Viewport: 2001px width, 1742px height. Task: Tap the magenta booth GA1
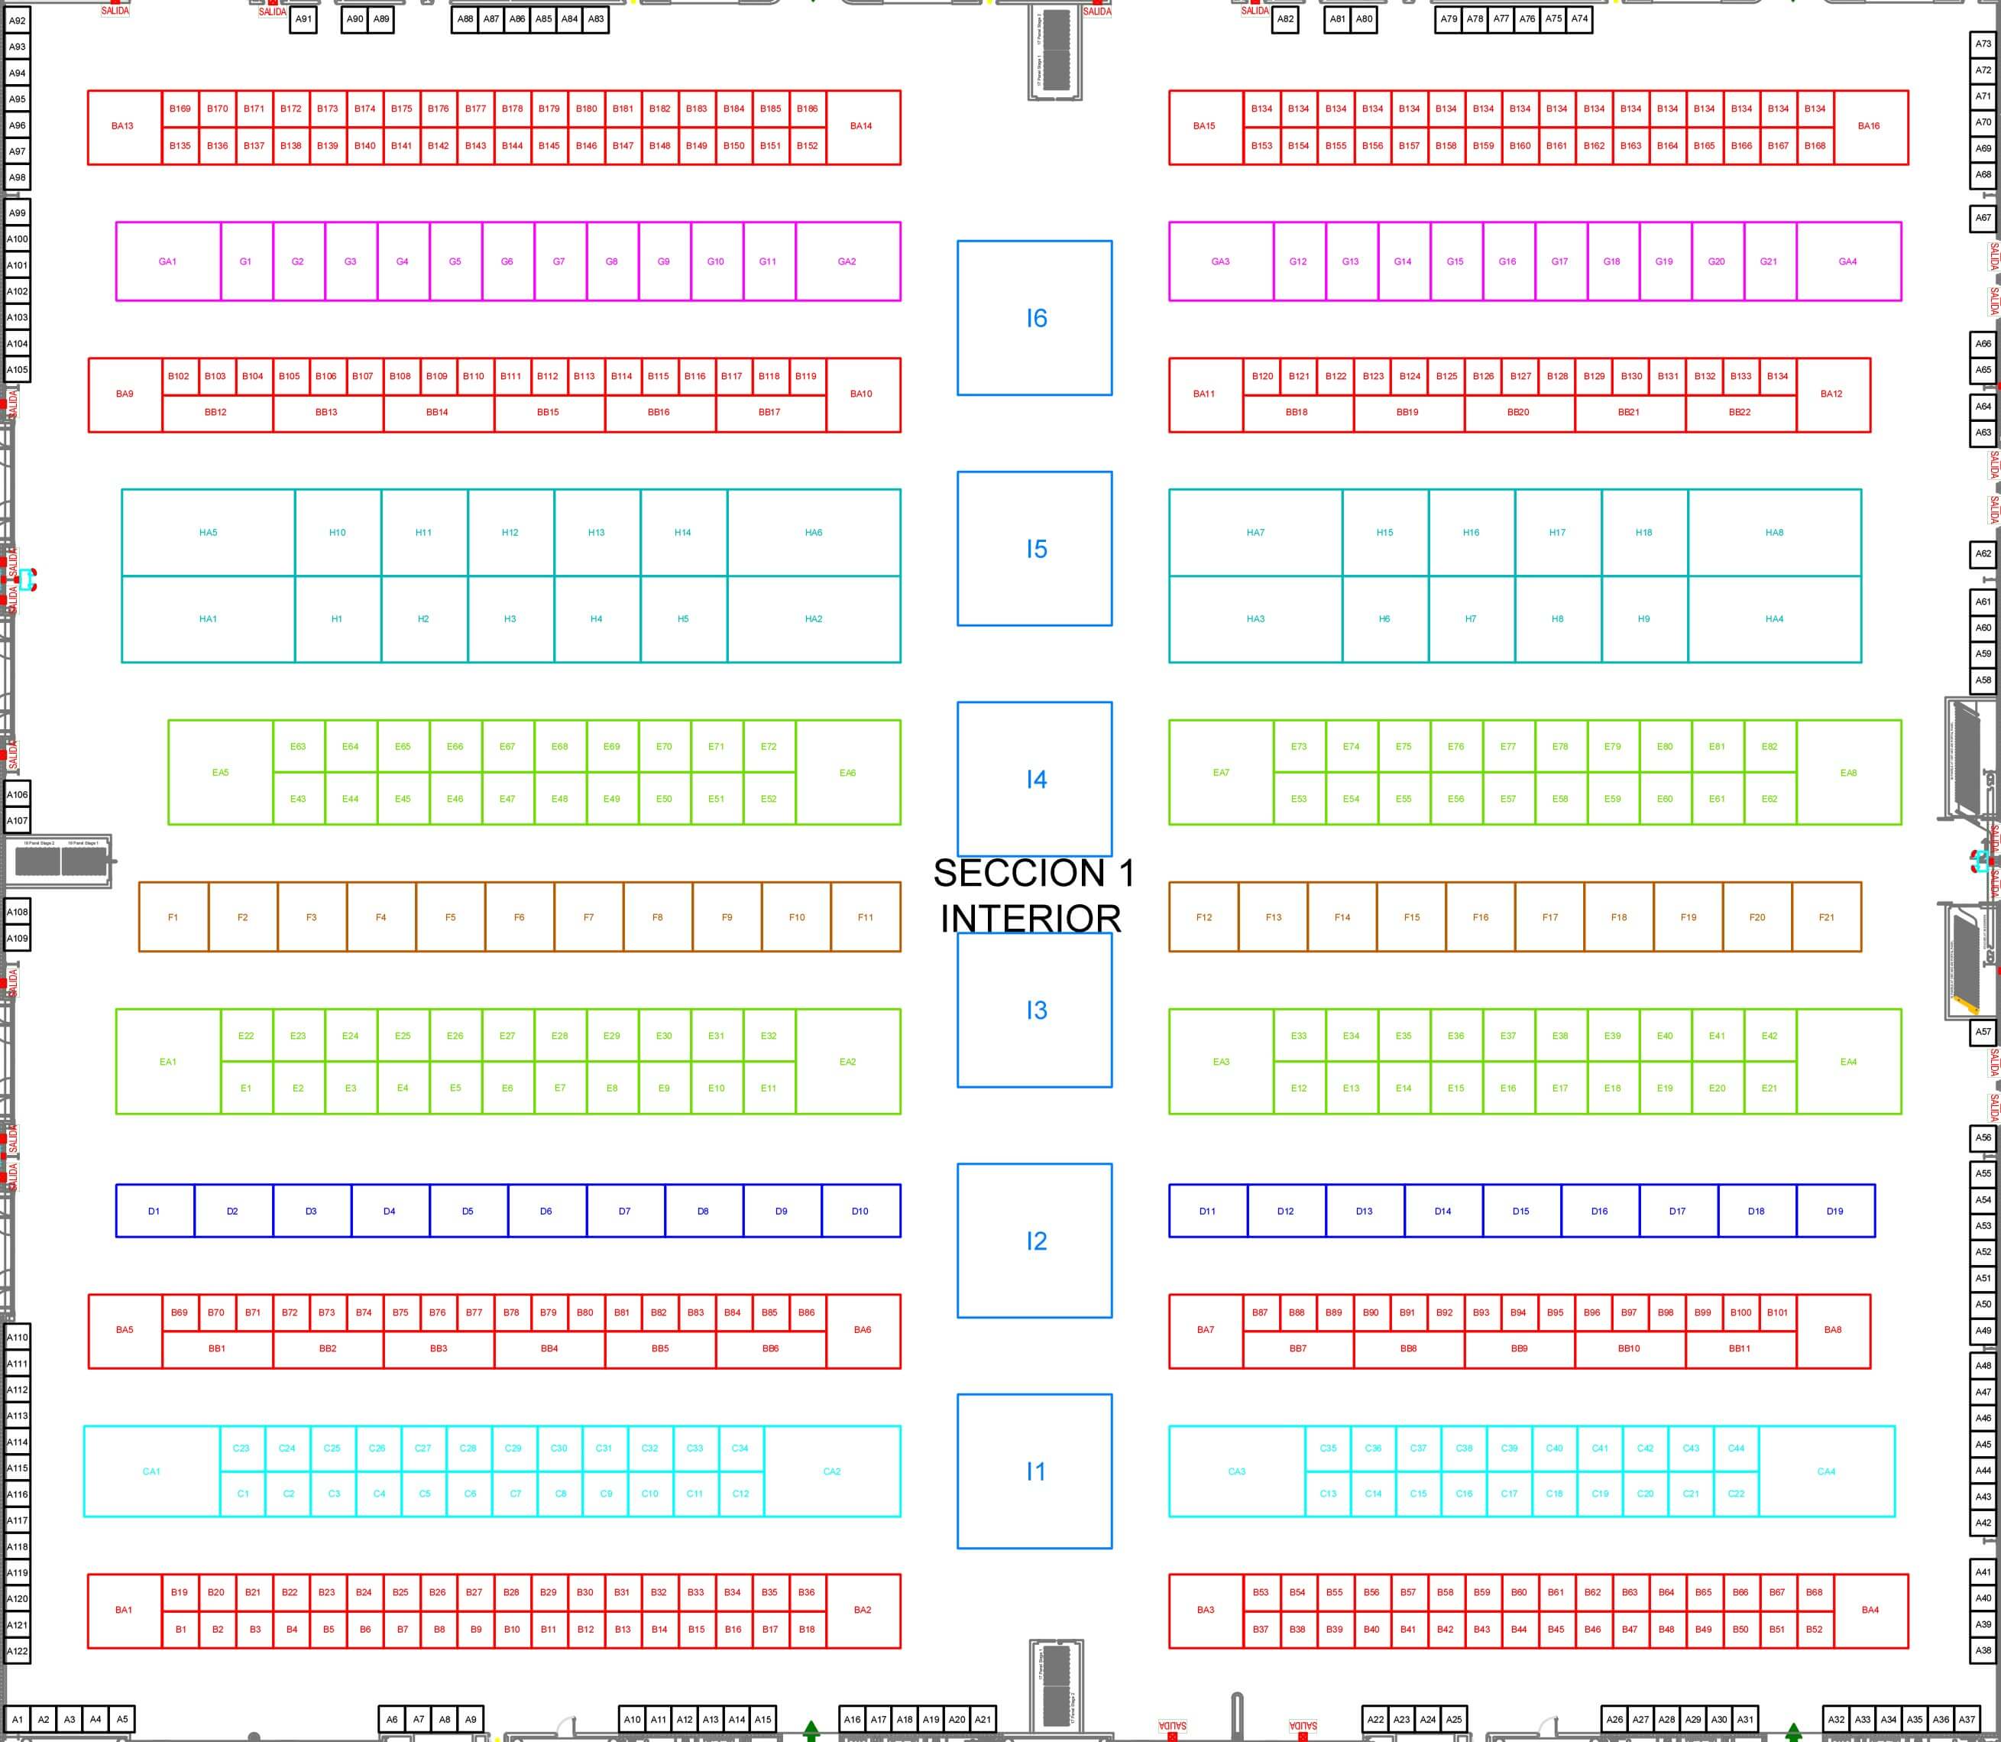pyautogui.click(x=168, y=261)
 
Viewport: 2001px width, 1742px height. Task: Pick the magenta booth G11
pyautogui.click(x=768, y=261)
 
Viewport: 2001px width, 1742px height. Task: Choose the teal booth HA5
pyautogui.click(x=208, y=533)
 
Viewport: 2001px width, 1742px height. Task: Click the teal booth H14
pyautogui.click(x=683, y=533)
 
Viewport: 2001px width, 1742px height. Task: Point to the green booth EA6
pyautogui.click(x=847, y=773)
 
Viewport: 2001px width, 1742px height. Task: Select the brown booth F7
pyautogui.click(x=588, y=916)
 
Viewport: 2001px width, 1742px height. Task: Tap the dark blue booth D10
pyautogui.click(x=860, y=1212)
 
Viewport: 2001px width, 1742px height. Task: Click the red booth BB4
pyautogui.click(x=549, y=1348)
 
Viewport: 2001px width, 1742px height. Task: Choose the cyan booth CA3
pyautogui.click(x=1236, y=1471)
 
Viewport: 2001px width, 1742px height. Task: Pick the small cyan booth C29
pyautogui.click(x=513, y=1448)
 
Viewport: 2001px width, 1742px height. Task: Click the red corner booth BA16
pyautogui.click(x=1868, y=126)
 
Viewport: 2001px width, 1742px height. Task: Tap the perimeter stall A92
pyautogui.click(x=18, y=21)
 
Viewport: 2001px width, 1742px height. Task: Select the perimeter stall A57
pyautogui.click(x=1983, y=1031)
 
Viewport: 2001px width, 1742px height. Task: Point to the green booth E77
pyautogui.click(x=1507, y=747)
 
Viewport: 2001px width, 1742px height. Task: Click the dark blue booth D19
pyautogui.click(x=1834, y=1212)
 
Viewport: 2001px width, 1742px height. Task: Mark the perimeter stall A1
pyautogui.click(x=18, y=1718)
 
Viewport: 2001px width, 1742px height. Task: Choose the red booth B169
pyautogui.click(x=180, y=109)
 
